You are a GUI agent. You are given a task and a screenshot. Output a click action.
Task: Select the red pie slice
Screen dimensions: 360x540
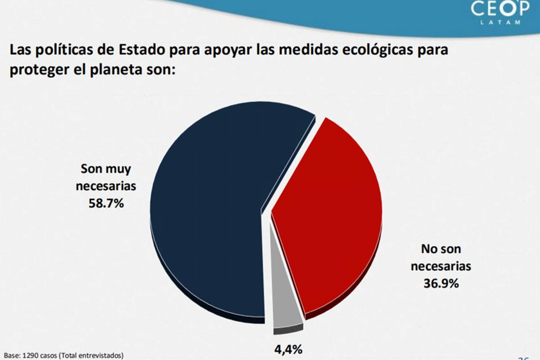tap(328, 216)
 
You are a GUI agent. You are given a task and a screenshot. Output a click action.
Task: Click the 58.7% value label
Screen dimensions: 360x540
tap(107, 204)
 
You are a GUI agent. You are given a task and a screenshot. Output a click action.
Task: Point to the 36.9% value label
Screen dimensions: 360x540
tap(441, 283)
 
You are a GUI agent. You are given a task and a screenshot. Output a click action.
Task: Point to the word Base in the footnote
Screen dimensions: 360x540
tap(9, 355)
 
